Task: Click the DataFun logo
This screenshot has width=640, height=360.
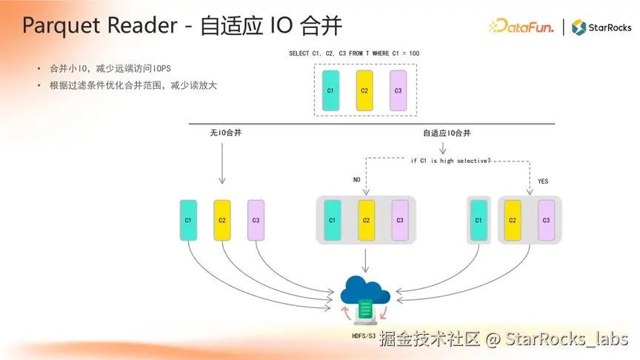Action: [522, 27]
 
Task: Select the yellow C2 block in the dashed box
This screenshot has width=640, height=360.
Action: [364, 90]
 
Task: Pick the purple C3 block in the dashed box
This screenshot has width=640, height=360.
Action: [398, 90]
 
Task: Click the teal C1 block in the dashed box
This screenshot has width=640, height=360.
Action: [330, 90]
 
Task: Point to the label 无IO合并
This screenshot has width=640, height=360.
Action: [225, 133]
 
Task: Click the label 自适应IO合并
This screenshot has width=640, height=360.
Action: [447, 133]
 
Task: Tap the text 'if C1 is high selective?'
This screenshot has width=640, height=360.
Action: [450, 159]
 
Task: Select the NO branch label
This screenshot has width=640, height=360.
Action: [356, 179]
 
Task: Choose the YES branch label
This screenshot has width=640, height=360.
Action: [543, 181]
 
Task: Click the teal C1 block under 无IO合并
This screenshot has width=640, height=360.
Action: [188, 220]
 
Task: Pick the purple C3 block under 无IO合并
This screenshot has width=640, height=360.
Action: [256, 220]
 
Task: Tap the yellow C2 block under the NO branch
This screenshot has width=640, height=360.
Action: [366, 220]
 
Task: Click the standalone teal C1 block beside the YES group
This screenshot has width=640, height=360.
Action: [479, 220]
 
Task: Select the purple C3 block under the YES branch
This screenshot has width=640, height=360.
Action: [546, 220]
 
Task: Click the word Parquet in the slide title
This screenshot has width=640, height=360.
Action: [56, 26]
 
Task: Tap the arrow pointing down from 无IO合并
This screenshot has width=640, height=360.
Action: [221, 163]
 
